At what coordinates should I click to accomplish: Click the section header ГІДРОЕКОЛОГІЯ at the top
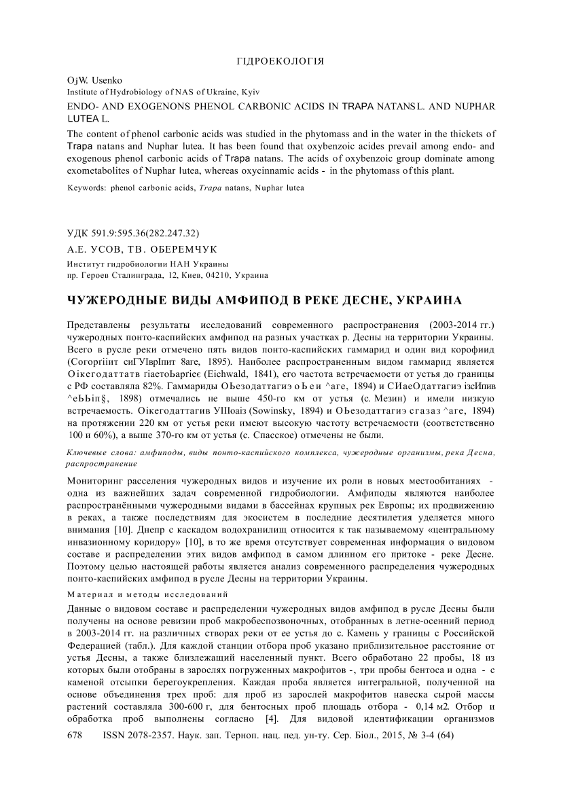[280, 61]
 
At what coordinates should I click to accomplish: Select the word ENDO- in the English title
[83, 107]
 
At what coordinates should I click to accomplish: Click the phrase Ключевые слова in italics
[96, 452]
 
